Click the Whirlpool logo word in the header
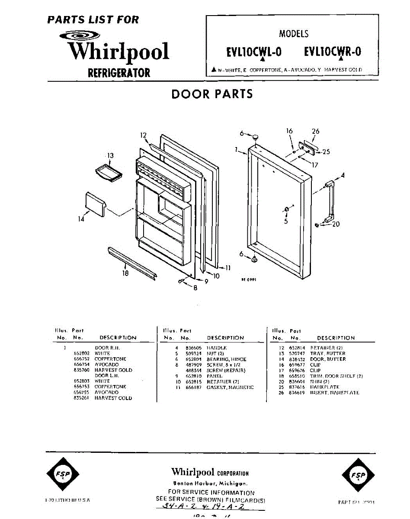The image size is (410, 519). point(119,51)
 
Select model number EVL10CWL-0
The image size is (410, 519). point(253,52)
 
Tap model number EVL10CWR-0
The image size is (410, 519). point(332,52)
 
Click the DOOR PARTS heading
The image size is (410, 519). point(212,94)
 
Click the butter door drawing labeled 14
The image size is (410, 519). point(95,205)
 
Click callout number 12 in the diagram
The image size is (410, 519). point(144,135)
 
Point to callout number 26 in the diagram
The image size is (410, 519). point(315,131)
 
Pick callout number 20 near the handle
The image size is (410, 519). point(336,224)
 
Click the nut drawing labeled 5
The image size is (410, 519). point(286,210)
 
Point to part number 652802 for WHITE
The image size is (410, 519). point(82,353)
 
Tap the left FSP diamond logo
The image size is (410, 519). point(63,475)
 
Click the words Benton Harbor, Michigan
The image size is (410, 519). point(210,483)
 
